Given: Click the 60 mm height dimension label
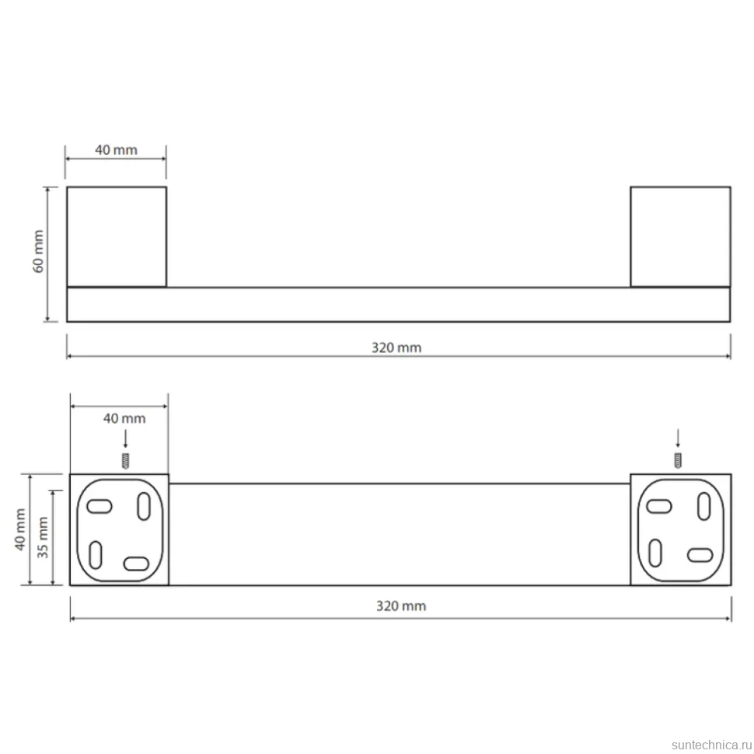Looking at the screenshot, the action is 38,251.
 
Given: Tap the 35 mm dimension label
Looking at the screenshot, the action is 43,537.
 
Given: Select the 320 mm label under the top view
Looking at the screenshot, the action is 396,347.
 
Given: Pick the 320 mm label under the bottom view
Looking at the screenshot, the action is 401,606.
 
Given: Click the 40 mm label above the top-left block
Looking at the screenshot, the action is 116,150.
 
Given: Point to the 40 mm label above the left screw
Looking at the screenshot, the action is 124,418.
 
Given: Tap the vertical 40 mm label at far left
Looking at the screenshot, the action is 19,529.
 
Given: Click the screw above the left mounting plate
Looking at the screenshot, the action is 125,461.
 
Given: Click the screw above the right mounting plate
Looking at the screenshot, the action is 678,461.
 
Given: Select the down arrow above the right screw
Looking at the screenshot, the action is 678,438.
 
